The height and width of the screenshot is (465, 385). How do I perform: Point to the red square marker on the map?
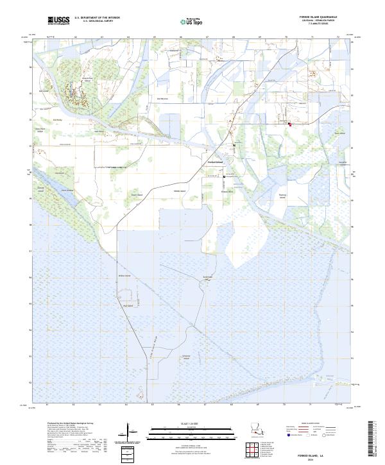pyautogui.click(x=289, y=124)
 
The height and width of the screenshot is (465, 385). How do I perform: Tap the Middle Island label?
pyautogui.click(x=178, y=191)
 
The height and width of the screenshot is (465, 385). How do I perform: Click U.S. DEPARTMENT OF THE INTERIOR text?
pyautogui.click(x=98, y=19)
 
